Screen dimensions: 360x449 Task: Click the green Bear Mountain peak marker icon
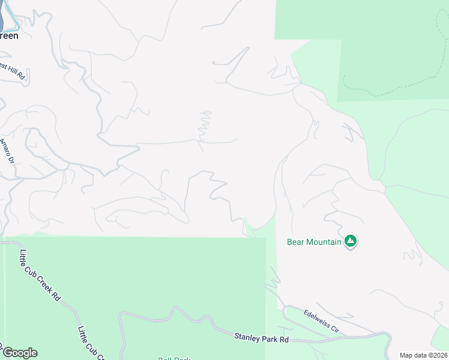(x=351, y=242)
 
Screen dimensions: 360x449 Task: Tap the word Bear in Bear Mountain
(x=296, y=242)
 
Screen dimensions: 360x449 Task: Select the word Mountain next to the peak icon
(x=324, y=242)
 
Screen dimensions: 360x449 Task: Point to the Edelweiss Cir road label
(x=321, y=322)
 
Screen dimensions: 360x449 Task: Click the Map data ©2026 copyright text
(x=423, y=355)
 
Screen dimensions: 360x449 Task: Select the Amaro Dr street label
(x=6, y=151)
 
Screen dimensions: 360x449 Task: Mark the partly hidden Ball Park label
(x=174, y=358)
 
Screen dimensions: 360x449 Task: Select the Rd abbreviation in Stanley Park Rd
(x=283, y=340)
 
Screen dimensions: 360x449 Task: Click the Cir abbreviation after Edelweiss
(x=333, y=328)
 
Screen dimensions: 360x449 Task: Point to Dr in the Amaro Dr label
(x=10, y=158)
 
